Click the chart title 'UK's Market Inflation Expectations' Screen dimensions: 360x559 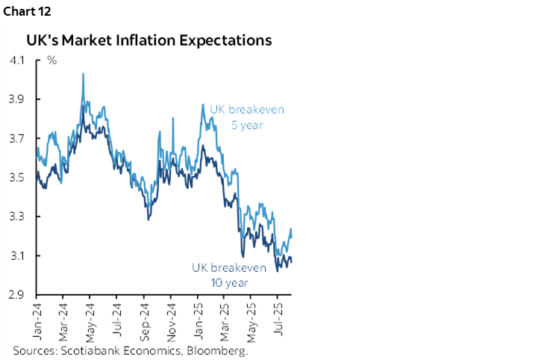149,40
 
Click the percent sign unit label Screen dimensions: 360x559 52,60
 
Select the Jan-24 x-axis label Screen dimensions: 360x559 37,319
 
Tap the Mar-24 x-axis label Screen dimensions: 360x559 64,319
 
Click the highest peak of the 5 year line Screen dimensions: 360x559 82,73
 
